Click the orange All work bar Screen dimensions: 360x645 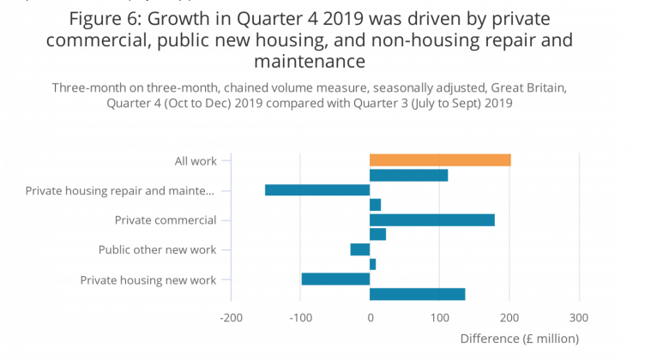click(440, 160)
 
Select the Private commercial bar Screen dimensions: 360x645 click(432, 220)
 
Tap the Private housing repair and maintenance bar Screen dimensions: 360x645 click(317, 190)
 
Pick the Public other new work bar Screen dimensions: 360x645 click(360, 249)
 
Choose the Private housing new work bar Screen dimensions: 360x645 click(335, 279)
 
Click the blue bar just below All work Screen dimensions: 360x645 click(408, 176)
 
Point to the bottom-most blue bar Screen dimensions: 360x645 click(417, 294)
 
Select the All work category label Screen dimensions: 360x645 click(195, 160)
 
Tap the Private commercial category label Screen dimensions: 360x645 click(166, 220)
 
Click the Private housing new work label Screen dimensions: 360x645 click(148, 279)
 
